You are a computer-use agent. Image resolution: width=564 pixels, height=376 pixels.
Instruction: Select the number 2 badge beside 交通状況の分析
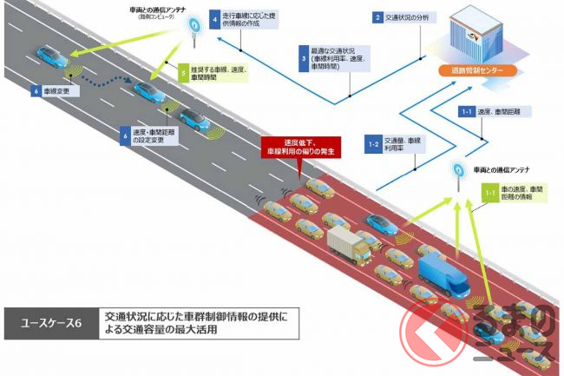[378, 17]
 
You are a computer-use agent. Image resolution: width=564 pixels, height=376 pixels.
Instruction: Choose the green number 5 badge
[183, 74]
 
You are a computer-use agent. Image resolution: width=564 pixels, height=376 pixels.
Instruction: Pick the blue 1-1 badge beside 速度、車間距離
[466, 112]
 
